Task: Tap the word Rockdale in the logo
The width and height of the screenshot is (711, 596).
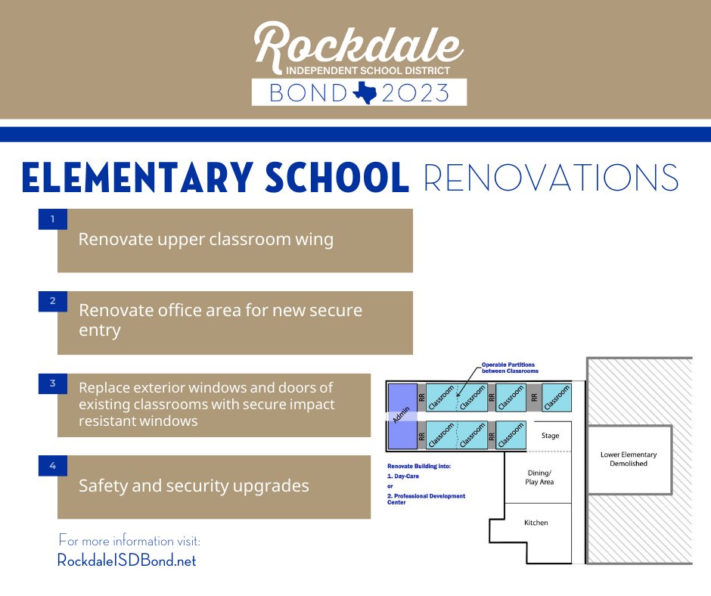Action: [x=359, y=45]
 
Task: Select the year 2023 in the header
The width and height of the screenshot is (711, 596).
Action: [x=415, y=93]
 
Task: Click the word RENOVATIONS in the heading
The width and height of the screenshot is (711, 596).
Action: [x=551, y=178]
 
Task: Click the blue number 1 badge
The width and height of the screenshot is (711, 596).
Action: [x=53, y=219]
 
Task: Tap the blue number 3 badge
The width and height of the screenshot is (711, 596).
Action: [x=53, y=383]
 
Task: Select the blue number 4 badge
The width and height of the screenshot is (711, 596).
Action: [x=53, y=465]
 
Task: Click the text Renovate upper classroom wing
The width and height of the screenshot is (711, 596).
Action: [x=206, y=240]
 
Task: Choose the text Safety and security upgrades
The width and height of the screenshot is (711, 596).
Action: [x=194, y=486]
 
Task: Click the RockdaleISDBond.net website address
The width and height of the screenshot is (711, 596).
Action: [x=126, y=560]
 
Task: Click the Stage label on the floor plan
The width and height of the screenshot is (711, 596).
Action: [x=550, y=436]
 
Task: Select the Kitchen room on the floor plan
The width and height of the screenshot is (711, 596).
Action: [x=536, y=523]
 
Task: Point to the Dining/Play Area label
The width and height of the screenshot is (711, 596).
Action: [x=539, y=477]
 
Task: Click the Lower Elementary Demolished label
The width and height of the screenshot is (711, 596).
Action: [x=629, y=459]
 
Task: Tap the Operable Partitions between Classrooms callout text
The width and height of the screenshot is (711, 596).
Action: [x=510, y=368]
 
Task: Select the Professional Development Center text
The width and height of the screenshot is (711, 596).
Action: [x=426, y=499]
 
